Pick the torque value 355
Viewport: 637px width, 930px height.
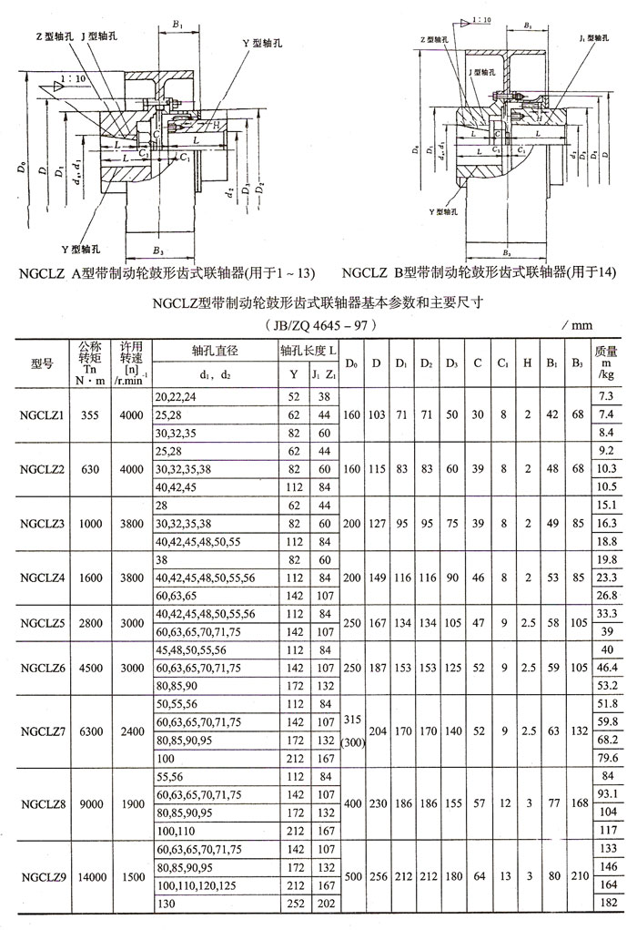click(89, 414)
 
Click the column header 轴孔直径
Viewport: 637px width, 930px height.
click(215, 350)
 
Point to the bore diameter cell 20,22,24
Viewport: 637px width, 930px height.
click(177, 396)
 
